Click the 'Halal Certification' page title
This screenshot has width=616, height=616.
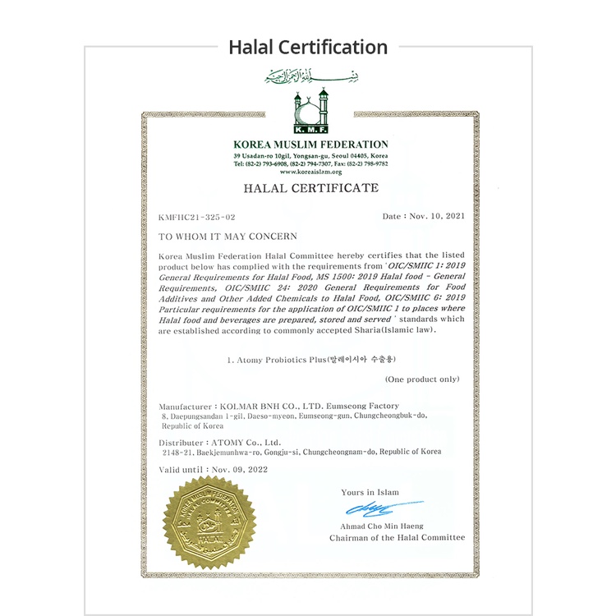click(308, 47)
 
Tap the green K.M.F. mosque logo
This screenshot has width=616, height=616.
click(310, 113)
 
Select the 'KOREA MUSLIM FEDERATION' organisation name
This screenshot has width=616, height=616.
click(310, 145)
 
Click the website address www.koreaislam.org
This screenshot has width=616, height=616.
click(310, 172)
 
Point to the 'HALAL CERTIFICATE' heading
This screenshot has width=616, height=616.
click(310, 188)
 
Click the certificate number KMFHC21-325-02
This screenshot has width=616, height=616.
click(197, 217)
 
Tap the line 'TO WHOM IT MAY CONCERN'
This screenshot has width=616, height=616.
click(216, 236)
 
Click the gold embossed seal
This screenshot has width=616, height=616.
click(209, 522)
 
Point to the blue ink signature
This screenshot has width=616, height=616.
click(392, 508)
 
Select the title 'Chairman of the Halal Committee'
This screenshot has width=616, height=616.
click(397, 538)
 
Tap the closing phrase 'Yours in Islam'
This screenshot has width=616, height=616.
click(370, 492)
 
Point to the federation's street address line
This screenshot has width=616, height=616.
click(310, 155)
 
